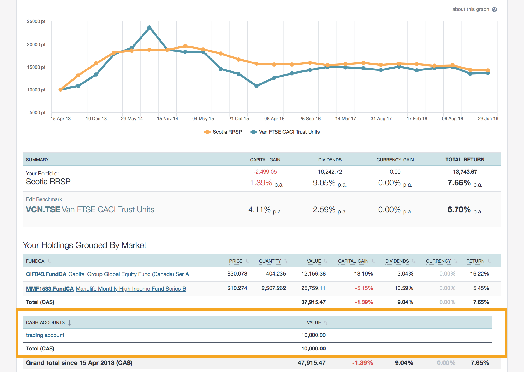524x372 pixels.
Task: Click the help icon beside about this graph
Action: pyautogui.click(x=494, y=10)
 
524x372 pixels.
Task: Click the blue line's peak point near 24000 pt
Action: pyautogui.click(x=149, y=27)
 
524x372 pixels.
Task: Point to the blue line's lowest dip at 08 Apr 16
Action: pyautogui.click(x=256, y=86)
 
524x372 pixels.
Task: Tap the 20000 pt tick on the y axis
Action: pyautogui.click(x=36, y=44)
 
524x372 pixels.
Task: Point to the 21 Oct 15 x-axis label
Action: pyautogui.click(x=238, y=119)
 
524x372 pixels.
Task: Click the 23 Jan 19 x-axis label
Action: pyautogui.click(x=488, y=119)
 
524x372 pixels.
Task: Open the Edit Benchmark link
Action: pyautogui.click(x=44, y=199)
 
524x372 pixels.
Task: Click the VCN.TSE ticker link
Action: pyautogui.click(x=43, y=209)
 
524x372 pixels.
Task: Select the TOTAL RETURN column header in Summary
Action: pyautogui.click(x=465, y=160)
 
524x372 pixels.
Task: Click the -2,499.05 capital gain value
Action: pyautogui.click(x=265, y=172)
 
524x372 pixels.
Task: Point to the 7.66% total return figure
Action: pyautogui.click(x=459, y=183)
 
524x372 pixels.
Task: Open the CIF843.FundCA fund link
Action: pyautogui.click(x=46, y=274)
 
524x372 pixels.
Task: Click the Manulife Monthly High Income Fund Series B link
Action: pyautogui.click(x=131, y=289)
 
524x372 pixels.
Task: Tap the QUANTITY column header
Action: pyautogui.click(x=270, y=261)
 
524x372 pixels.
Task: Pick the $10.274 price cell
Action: pyautogui.click(x=237, y=288)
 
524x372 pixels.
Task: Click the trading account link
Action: pyautogui.click(x=45, y=335)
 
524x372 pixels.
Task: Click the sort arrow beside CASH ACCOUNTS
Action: pyautogui.click(x=69, y=322)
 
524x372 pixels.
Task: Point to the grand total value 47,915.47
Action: pyautogui.click(x=311, y=363)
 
